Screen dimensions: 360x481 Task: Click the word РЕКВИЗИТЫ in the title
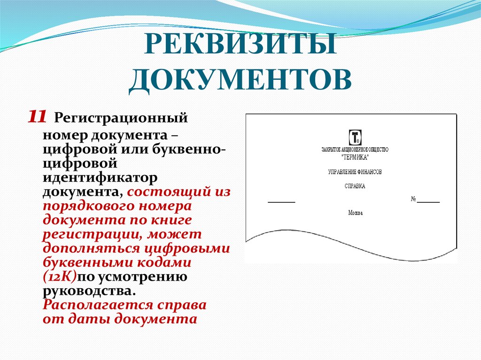pyautogui.click(x=240, y=47)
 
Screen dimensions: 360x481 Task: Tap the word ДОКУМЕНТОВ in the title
pyautogui.click(x=240, y=79)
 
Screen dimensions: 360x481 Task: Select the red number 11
pyautogui.click(x=37, y=117)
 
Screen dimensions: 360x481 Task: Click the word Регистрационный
pyautogui.click(x=121, y=117)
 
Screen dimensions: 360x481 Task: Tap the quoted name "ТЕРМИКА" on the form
pyautogui.click(x=355, y=156)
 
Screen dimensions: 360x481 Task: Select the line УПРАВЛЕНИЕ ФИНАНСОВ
pyautogui.click(x=355, y=172)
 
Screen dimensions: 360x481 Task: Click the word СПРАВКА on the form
pyautogui.click(x=355, y=186)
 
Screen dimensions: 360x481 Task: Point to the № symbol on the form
pyautogui.click(x=414, y=199)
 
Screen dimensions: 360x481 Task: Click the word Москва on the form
pyautogui.click(x=355, y=213)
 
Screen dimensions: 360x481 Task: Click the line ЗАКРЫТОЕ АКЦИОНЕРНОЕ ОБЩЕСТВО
pyautogui.click(x=355, y=149)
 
